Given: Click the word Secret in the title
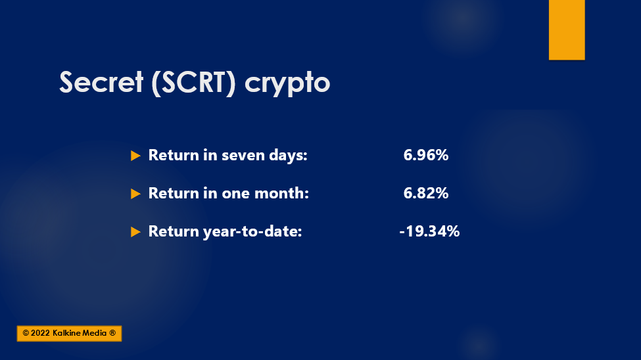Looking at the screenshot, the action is pyautogui.click(x=101, y=82).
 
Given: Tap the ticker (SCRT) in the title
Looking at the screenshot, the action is pyautogui.click(x=193, y=83).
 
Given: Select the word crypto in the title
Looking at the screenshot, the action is pyautogui.click(x=287, y=84).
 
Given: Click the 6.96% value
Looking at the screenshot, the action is pyautogui.click(x=426, y=155).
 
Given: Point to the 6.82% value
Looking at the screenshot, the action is pyautogui.click(x=426, y=193).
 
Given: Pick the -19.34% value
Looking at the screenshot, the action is pyautogui.click(x=429, y=231).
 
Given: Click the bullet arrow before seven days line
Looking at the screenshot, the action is pyautogui.click(x=135, y=156).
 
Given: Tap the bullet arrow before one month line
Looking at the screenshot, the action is pyautogui.click(x=135, y=194).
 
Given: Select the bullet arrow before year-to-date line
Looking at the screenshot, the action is pyautogui.click(x=135, y=232).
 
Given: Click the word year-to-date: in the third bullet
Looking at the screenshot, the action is pyautogui.click(x=252, y=232).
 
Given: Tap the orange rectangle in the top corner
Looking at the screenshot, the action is pyautogui.click(x=567, y=30).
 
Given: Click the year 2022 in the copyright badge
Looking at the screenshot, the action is pyautogui.click(x=40, y=333).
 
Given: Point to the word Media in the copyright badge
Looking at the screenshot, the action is pyautogui.click(x=95, y=333).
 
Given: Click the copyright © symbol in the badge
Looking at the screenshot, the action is pyautogui.click(x=26, y=333).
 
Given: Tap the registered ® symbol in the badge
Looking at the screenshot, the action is pyautogui.click(x=112, y=333).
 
